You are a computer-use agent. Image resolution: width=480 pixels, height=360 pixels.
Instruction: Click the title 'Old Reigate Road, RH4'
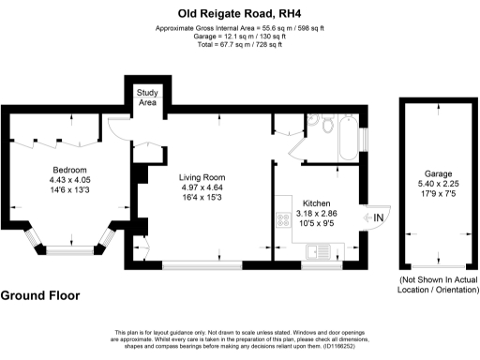(239, 13)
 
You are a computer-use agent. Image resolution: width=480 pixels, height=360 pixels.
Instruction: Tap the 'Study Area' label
(147, 97)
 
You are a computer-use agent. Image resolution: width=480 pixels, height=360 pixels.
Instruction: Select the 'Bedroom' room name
(68, 169)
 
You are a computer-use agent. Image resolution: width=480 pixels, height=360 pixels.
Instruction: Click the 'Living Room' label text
(203, 176)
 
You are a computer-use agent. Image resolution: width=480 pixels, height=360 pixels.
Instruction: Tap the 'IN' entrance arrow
(379, 219)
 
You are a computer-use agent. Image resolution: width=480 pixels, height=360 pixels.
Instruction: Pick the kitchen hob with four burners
(282, 221)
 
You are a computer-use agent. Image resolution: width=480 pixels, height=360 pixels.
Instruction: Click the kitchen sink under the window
(321, 249)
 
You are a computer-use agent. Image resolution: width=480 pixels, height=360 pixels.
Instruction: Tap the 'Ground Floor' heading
(40, 296)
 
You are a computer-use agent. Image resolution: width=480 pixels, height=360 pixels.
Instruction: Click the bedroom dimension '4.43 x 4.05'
(68, 180)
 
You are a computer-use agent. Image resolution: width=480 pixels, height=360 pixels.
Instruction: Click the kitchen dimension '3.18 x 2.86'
(317, 215)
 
